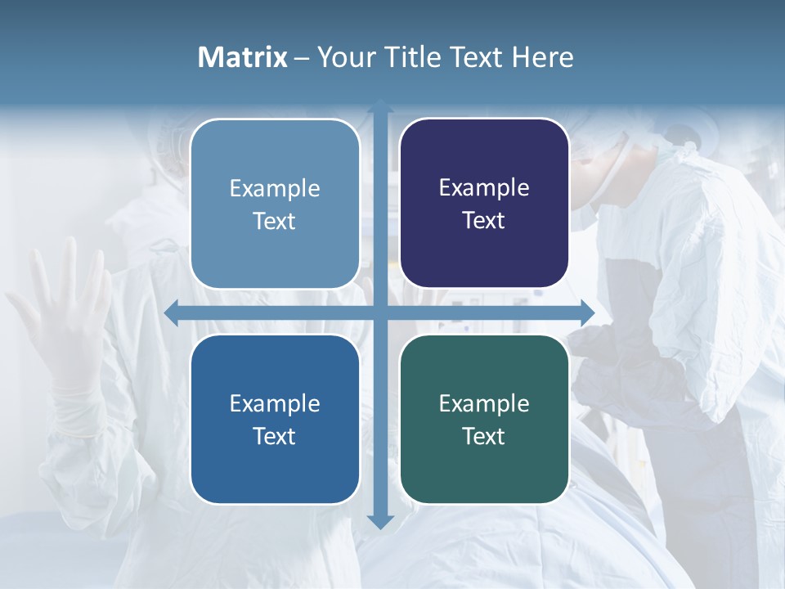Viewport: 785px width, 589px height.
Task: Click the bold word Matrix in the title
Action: click(x=243, y=57)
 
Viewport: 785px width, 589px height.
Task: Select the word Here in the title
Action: click(x=542, y=57)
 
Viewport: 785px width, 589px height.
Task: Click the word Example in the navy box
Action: click(x=484, y=188)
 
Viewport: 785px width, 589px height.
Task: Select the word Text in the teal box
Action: click(x=484, y=437)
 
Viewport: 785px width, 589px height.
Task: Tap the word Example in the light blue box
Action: click(x=275, y=189)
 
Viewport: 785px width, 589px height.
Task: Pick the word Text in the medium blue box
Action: click(x=275, y=437)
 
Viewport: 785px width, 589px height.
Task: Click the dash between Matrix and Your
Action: click(x=302, y=58)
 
